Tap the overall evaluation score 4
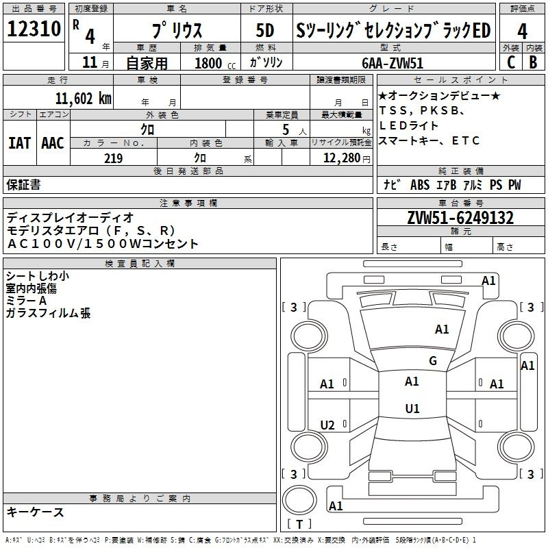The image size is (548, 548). (x=522, y=32)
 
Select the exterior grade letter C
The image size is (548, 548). (x=510, y=62)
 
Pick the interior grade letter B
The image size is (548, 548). (x=534, y=62)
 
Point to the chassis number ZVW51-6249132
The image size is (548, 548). (x=460, y=218)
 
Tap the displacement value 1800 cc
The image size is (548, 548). (x=208, y=63)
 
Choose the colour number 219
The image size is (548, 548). (x=113, y=158)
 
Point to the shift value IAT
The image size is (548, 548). (x=19, y=142)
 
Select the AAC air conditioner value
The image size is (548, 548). (x=53, y=142)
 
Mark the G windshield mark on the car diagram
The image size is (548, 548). (x=432, y=361)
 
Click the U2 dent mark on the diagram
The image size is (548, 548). (x=327, y=425)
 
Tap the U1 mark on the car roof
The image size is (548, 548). (x=412, y=409)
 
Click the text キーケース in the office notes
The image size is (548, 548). (x=36, y=512)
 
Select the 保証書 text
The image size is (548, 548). (x=23, y=185)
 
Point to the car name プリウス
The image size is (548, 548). (x=175, y=32)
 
